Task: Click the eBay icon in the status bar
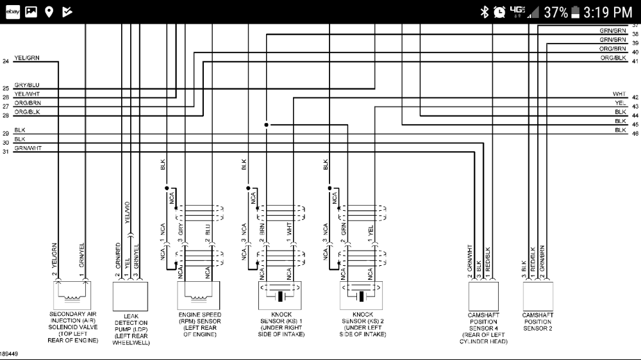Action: [x=12, y=12]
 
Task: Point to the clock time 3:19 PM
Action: [x=608, y=12]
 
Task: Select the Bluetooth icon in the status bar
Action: [x=485, y=12]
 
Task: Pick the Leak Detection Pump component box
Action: [x=131, y=295]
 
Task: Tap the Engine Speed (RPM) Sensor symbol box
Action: [x=198, y=295]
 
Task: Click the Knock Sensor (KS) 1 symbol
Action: [x=281, y=295]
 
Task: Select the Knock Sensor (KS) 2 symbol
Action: [x=362, y=295]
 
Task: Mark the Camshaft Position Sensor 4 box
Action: [x=483, y=295]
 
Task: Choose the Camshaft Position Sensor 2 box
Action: [x=538, y=295]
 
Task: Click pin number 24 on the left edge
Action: [x=6, y=61]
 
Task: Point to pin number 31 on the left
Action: [x=6, y=152]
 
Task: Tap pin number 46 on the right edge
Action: [x=635, y=133]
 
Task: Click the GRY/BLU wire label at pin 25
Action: [x=27, y=85]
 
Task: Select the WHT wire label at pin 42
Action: [x=619, y=94]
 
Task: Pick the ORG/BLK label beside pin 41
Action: [x=613, y=58]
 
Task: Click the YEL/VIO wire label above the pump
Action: [x=127, y=211]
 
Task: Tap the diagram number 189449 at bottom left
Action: [x=9, y=353]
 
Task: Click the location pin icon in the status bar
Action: [x=49, y=12]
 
